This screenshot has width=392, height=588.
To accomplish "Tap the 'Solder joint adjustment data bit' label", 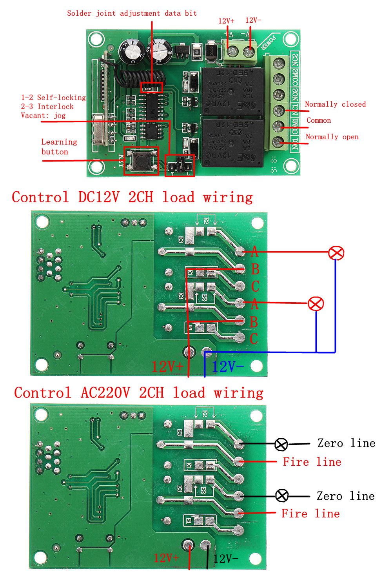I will pyautogui.click(x=132, y=13).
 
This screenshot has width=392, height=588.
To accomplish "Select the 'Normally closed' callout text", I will pyautogui.click(x=335, y=104).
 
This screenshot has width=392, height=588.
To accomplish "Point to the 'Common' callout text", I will pyautogui.click(x=318, y=120).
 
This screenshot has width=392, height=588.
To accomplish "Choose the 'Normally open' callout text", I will pyautogui.click(x=332, y=137).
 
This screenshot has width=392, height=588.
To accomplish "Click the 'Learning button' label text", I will pyautogui.click(x=59, y=147).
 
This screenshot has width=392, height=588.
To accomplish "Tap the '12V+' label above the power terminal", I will pyautogui.click(x=226, y=21).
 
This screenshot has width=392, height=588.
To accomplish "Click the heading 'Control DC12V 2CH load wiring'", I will pyautogui.click(x=132, y=197).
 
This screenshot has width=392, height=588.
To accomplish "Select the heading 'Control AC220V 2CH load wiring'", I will pyautogui.click(x=138, y=392).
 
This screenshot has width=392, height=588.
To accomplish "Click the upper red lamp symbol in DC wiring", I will pyautogui.click(x=336, y=253).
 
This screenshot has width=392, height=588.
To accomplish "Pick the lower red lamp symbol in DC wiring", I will pyautogui.click(x=316, y=304).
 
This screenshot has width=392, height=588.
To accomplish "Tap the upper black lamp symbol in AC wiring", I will pyautogui.click(x=281, y=445).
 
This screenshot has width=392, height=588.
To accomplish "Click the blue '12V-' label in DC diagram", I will pyautogui.click(x=228, y=367).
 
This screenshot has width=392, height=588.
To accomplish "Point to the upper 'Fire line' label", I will pyautogui.click(x=312, y=462).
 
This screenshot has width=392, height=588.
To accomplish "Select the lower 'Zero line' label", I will pyautogui.click(x=345, y=496).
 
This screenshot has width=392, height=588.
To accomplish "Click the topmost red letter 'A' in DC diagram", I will pyautogui.click(x=254, y=251).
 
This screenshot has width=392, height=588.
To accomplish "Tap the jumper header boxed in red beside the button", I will pyautogui.click(x=180, y=165).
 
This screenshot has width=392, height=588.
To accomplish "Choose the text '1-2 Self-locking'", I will pyautogui.click(x=53, y=98).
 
